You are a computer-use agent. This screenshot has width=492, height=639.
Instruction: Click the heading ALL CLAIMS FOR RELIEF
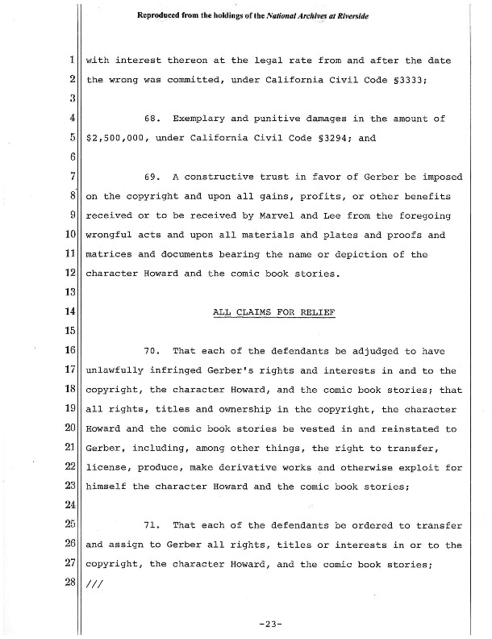[274, 312]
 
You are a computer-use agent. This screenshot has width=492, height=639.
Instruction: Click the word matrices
[112, 255]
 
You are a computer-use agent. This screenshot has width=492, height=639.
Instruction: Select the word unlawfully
[116, 371]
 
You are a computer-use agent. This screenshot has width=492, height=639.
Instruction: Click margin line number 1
[73, 61]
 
